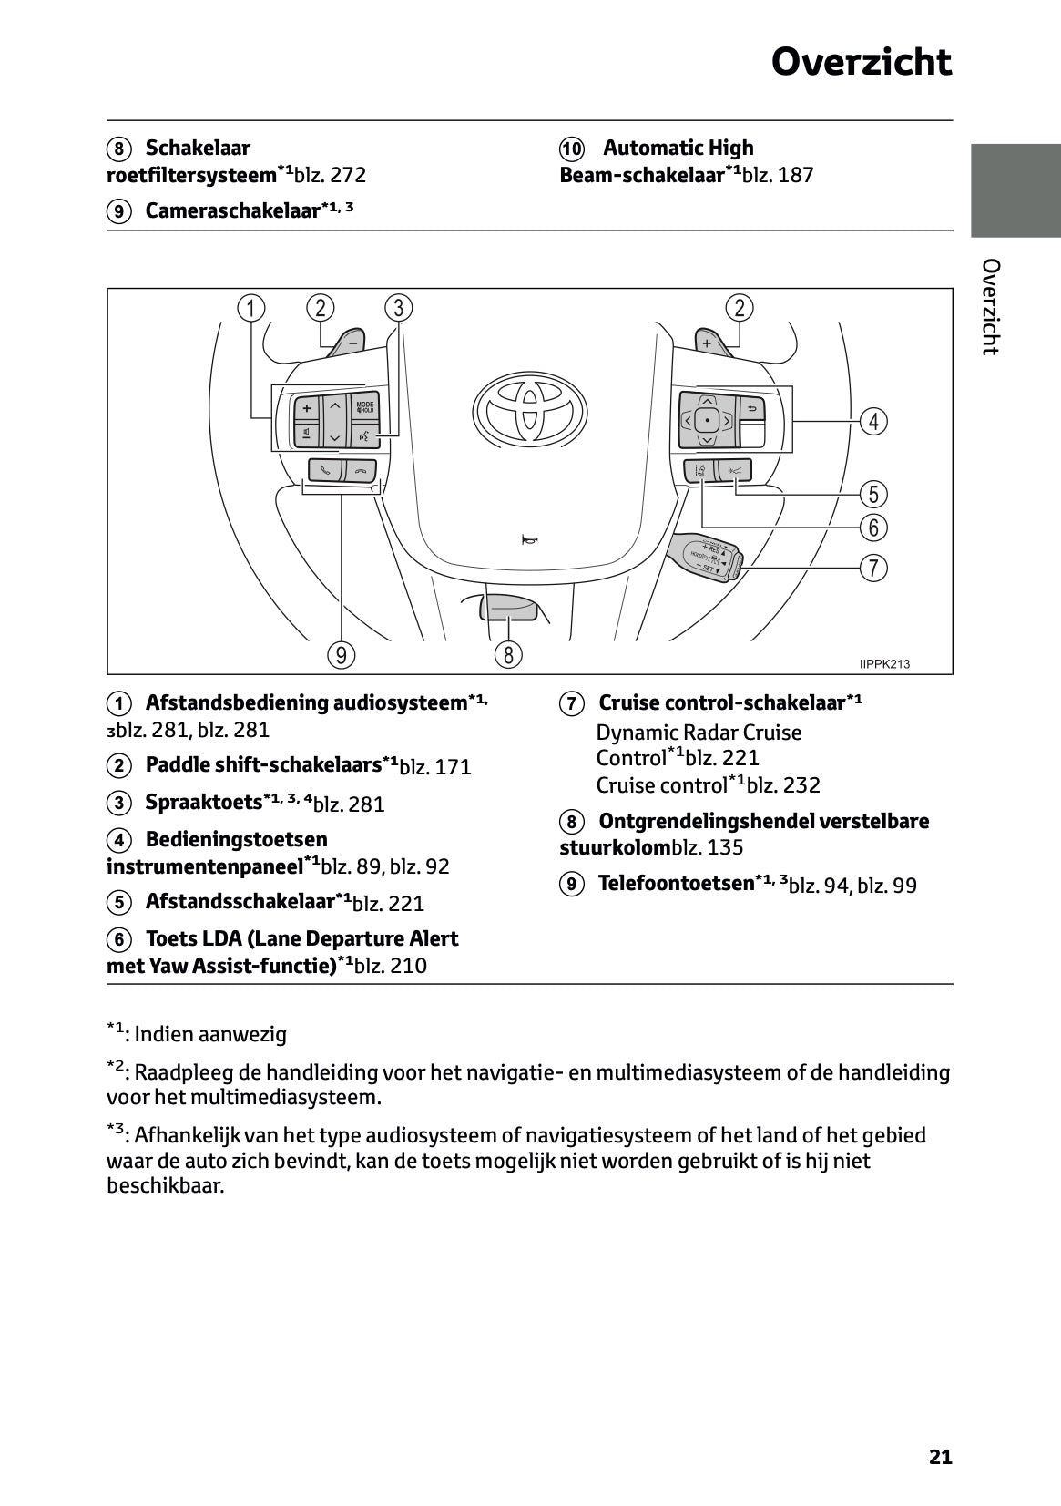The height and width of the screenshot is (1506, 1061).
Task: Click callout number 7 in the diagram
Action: coord(873,568)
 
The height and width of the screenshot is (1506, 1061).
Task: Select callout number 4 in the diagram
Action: coord(873,421)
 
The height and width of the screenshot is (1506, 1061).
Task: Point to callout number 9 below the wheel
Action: coord(341,654)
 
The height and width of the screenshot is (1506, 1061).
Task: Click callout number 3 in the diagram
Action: coord(398,308)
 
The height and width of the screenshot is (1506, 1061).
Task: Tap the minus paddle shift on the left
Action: coord(350,344)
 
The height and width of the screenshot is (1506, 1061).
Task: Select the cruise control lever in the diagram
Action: coord(707,557)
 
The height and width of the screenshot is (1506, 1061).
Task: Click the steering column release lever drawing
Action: coord(506,605)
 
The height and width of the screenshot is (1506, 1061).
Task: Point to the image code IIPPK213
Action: coord(883,664)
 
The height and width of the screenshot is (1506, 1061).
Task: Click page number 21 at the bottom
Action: coord(940,1457)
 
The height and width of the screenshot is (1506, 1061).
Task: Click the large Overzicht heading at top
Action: coord(861,62)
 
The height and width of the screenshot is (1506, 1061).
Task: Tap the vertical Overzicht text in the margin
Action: coord(991,307)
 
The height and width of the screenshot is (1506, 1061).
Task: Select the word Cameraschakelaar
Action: coord(233,211)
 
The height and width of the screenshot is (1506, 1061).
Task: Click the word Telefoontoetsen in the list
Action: coord(676,883)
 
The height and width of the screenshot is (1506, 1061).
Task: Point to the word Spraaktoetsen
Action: coord(203,803)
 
